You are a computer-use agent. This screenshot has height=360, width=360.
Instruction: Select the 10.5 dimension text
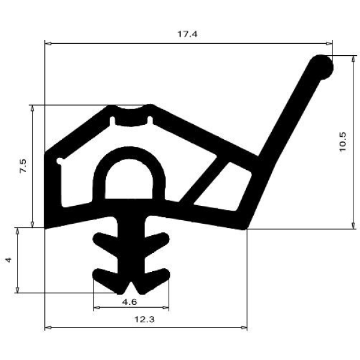point(343,142)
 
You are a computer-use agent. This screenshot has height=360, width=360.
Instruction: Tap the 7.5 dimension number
point(23,166)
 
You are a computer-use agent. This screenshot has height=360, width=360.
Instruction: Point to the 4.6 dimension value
point(128,302)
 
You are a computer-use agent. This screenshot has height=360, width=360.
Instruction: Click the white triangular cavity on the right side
point(231,187)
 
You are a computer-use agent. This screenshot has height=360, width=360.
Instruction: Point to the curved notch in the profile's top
point(131,114)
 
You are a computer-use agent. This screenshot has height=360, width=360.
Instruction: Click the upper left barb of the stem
point(103,242)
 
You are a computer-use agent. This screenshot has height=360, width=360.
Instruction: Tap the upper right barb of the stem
point(157,242)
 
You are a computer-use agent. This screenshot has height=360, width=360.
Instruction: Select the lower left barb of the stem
point(104,277)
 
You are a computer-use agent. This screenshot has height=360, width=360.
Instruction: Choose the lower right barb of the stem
point(157,277)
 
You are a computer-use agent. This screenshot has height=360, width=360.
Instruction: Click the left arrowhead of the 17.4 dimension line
point(49,43)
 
